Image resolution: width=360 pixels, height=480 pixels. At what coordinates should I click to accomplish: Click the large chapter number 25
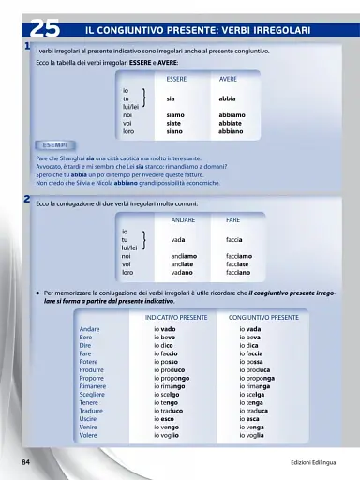44,29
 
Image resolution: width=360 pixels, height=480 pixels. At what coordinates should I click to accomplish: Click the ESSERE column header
176,80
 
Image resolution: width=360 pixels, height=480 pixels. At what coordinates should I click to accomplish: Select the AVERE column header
228,80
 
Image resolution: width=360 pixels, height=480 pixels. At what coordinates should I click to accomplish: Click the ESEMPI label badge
54,146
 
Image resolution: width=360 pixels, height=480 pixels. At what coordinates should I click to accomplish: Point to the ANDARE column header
183,219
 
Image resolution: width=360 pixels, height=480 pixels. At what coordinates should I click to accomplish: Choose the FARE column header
232,219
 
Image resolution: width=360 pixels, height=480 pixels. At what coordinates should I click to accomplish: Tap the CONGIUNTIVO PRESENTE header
263,318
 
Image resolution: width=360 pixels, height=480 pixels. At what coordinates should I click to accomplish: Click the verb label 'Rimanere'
93,386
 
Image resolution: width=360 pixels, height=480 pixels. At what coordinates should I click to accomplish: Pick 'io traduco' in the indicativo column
176,411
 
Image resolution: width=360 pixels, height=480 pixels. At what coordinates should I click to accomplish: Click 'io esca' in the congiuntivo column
252,419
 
